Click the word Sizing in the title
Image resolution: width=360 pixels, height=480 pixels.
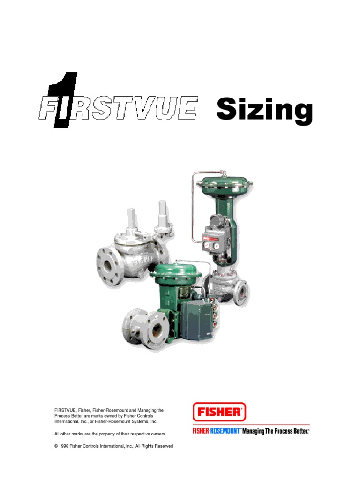(264, 111)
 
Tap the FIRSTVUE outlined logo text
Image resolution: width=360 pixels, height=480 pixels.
(119, 108)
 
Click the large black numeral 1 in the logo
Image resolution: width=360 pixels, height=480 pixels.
(63, 99)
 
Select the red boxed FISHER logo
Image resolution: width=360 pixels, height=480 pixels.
(219, 412)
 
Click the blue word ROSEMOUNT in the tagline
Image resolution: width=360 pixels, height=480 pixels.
(225, 431)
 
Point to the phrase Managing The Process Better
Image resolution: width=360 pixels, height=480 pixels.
(275, 431)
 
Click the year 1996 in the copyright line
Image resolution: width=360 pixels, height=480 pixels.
(63, 446)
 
